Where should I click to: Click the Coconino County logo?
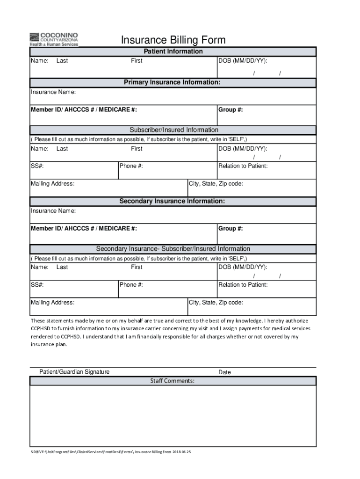(53, 39)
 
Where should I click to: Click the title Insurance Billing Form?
(173, 40)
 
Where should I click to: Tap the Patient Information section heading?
(173, 51)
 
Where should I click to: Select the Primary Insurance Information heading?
(172, 82)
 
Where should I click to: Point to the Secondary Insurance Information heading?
(172, 201)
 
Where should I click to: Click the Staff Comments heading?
(172, 381)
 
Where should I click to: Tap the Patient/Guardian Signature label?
(74, 372)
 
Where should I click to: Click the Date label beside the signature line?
(224, 372)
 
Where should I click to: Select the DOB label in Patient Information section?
(243, 61)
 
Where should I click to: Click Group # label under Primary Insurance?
(230, 110)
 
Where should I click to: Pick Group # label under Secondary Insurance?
(230, 229)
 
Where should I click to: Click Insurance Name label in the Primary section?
(53, 92)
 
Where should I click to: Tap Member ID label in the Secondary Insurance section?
(84, 229)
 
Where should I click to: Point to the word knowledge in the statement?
(244, 321)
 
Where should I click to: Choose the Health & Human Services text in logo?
(54, 44)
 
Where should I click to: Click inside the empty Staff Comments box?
(173, 416)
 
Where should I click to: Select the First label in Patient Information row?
(137, 61)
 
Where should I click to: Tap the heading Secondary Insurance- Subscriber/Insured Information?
(173, 249)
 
